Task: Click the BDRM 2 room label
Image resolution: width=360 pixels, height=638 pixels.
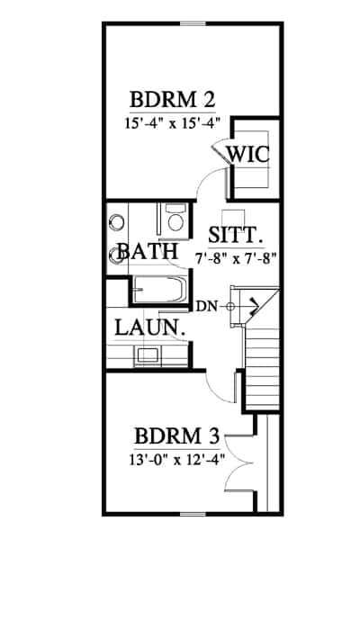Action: point(172,99)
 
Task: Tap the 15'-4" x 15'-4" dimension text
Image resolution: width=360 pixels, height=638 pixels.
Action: point(173,122)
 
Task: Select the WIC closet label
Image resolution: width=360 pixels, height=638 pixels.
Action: point(247,154)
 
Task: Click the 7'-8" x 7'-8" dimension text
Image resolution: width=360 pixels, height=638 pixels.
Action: point(237,259)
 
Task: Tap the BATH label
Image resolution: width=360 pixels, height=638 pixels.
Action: point(148,251)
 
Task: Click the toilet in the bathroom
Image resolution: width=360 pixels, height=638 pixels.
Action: point(174,220)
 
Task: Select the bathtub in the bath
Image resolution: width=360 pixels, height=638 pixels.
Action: point(159,289)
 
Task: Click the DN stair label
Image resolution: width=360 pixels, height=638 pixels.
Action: point(207,306)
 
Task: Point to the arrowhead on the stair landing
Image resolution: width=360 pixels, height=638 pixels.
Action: point(254,304)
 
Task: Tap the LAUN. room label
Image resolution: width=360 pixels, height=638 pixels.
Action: point(149,328)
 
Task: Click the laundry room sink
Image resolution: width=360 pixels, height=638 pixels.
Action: point(147,355)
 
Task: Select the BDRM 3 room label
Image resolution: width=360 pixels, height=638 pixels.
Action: point(177,437)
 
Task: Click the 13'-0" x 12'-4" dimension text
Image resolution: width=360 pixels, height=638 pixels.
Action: point(177,460)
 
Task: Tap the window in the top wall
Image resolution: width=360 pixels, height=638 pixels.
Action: point(193,23)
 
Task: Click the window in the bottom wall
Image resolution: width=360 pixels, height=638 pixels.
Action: point(193,514)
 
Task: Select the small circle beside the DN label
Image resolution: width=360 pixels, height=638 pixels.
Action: point(230,307)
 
